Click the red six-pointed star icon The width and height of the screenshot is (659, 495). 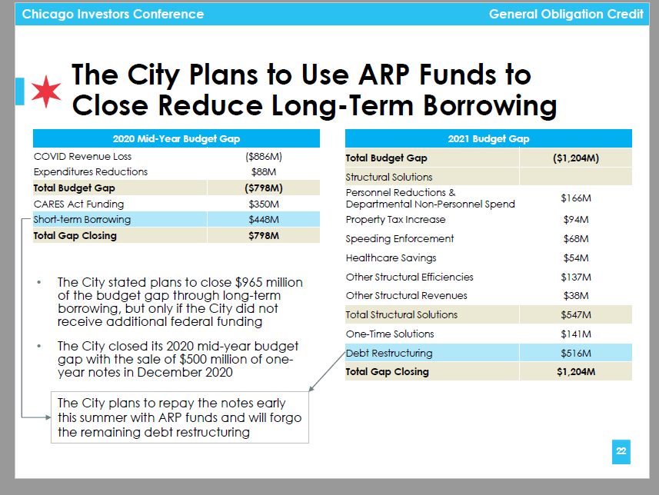point(45,91)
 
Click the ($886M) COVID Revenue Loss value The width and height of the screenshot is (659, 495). point(264,156)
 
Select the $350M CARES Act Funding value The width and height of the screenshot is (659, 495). point(264,204)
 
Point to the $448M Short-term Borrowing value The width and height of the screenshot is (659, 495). point(264,220)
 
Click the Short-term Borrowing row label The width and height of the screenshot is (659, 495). point(82,220)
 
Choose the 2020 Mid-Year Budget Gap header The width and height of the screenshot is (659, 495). point(176,139)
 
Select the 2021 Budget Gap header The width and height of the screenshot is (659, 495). point(488,139)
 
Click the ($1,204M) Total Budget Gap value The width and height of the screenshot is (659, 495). point(575,158)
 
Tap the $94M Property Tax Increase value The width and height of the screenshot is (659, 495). point(575,220)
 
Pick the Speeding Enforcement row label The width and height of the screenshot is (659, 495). point(400,239)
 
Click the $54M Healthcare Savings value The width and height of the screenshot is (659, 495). point(575,258)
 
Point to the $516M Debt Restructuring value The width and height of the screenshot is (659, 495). point(575,354)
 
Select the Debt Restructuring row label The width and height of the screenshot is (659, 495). point(389,354)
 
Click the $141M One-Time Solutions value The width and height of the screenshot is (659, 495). point(575,334)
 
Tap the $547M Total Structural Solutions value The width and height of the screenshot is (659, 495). point(575,315)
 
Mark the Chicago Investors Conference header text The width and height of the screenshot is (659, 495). point(113,15)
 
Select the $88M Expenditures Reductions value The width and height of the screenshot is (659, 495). point(264,171)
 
